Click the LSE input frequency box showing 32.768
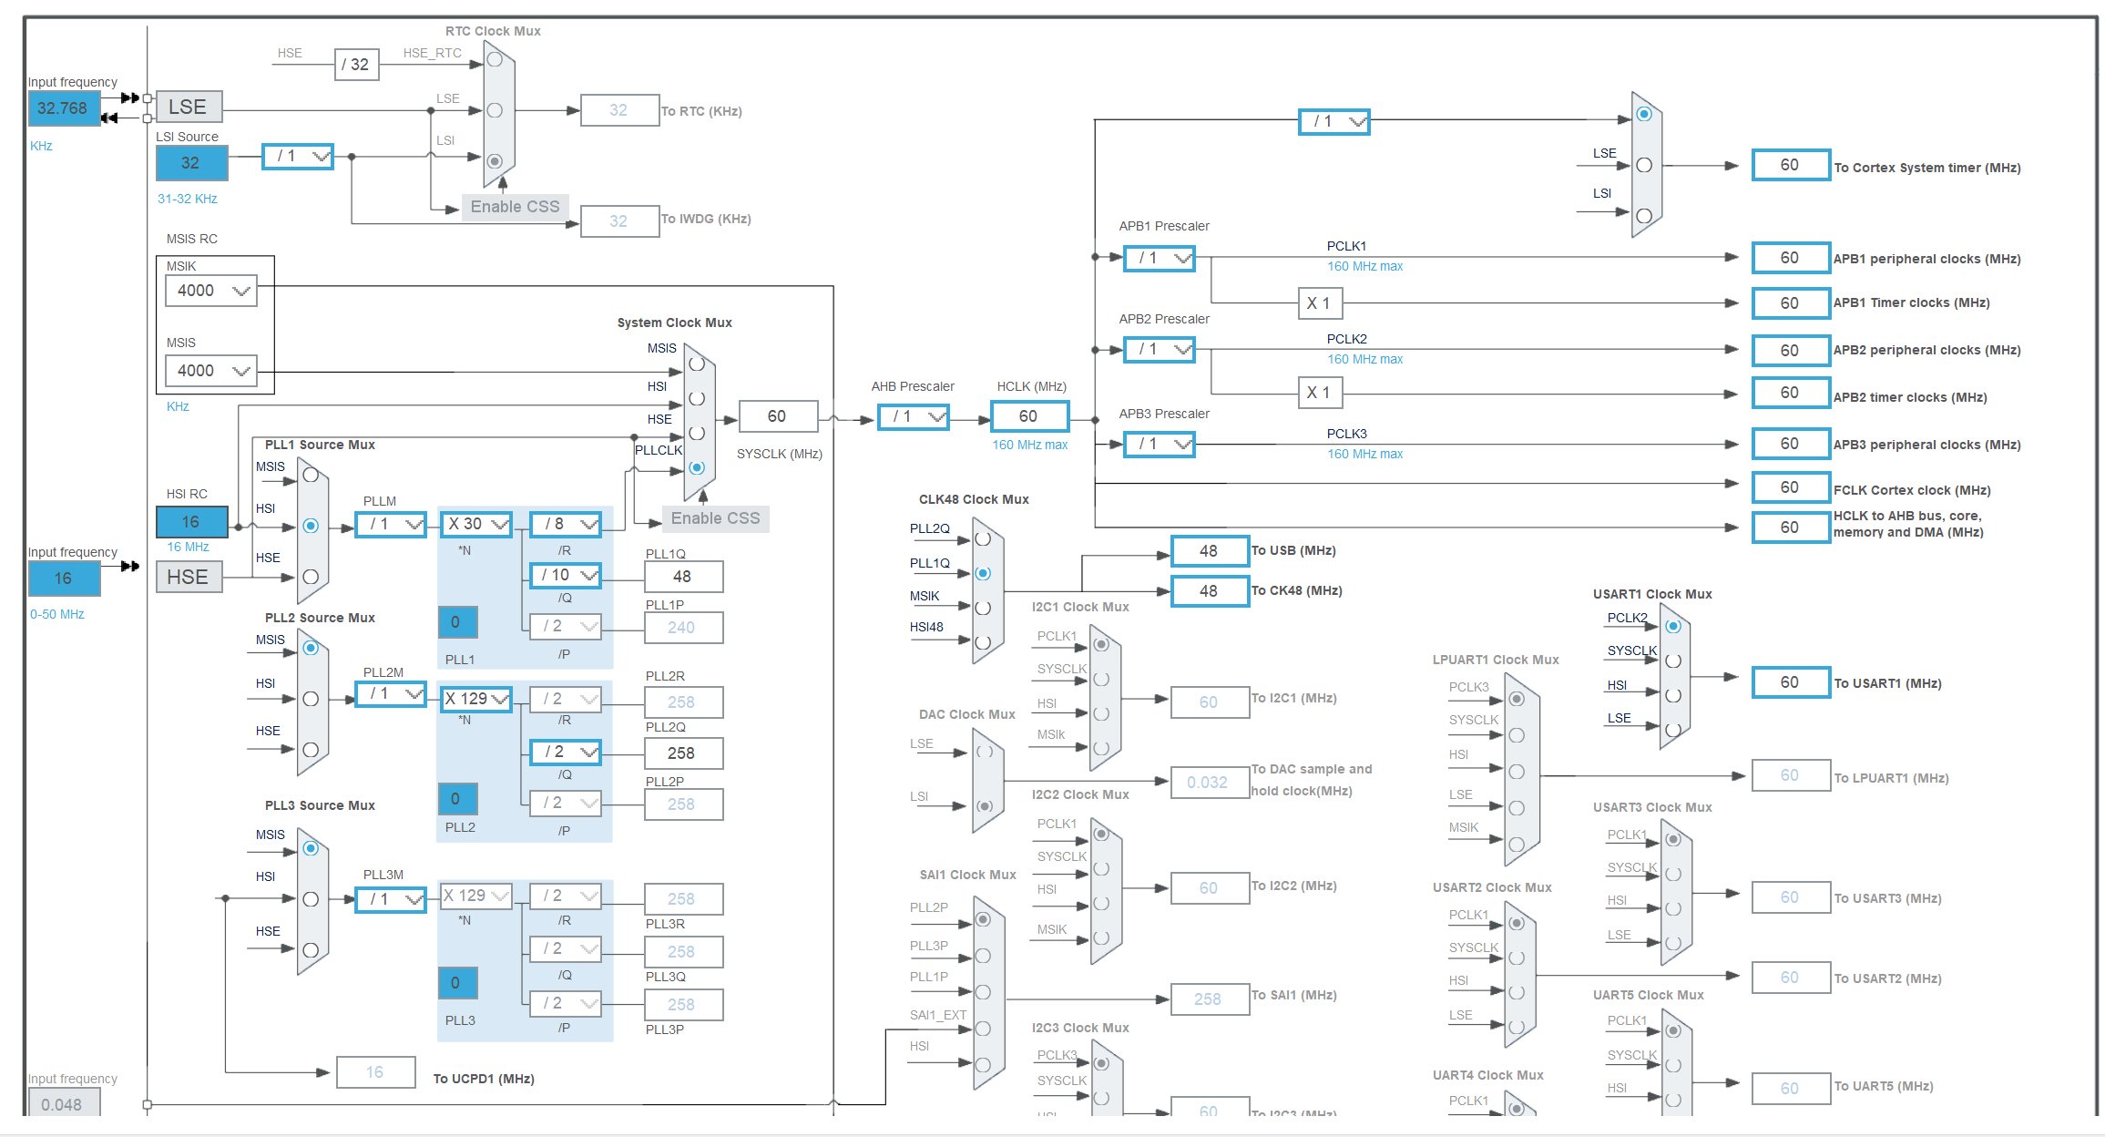coord(63,108)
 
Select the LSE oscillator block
coord(189,107)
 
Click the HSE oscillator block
coord(189,577)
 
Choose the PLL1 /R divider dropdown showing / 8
coord(567,524)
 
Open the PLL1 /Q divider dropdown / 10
coord(567,575)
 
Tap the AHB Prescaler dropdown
coord(914,416)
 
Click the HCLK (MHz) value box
coord(1029,416)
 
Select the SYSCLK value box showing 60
coord(778,416)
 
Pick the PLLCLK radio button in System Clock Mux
coord(697,467)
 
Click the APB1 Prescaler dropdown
coord(1159,258)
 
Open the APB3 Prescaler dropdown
coord(1159,444)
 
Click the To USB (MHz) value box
coord(1209,551)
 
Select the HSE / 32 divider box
coord(356,65)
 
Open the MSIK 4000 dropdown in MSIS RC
coord(211,291)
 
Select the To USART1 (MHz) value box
coord(1790,682)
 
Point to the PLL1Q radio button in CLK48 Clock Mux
coord(983,573)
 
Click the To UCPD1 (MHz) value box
coord(375,1072)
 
